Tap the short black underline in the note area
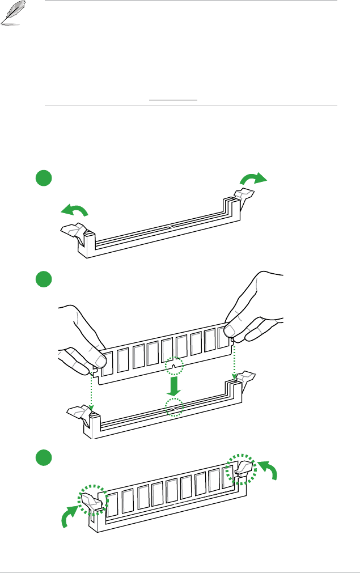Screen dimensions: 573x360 (x=173, y=100)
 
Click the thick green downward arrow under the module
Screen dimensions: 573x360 (x=174, y=385)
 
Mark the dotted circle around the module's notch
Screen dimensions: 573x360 (x=175, y=366)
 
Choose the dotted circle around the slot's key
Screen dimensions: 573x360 (x=174, y=407)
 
